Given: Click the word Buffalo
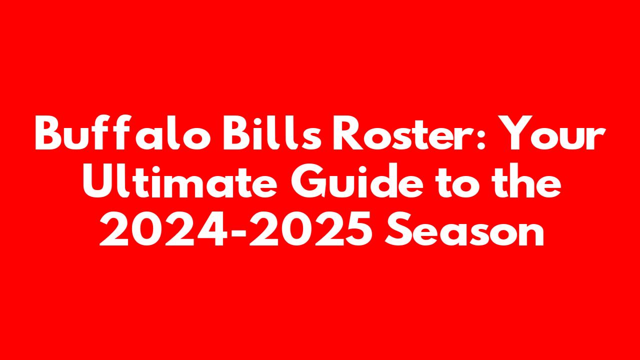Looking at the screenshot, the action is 123,132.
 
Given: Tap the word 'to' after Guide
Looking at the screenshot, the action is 455,183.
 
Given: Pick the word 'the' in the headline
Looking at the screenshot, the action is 524,181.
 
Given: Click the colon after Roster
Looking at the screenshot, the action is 481,138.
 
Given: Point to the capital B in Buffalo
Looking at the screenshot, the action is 49,133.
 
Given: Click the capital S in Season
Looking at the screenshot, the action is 399,229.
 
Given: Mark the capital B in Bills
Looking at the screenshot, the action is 237,133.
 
